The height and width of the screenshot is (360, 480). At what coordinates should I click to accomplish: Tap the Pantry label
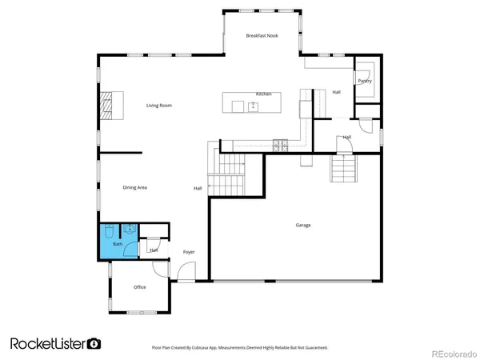click(364, 81)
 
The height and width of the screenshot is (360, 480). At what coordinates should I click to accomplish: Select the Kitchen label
click(263, 94)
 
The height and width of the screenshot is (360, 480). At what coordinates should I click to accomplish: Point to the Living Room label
click(158, 106)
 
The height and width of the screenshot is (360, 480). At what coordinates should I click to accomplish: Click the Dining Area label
click(134, 188)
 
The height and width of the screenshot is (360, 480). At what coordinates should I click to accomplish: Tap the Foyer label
click(189, 252)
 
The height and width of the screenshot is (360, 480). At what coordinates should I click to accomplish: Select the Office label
click(139, 287)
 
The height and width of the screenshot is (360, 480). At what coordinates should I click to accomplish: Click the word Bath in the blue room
click(118, 244)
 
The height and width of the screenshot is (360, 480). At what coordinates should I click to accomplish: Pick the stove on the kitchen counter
click(281, 145)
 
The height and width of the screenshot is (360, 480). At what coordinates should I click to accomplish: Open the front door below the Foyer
click(185, 274)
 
